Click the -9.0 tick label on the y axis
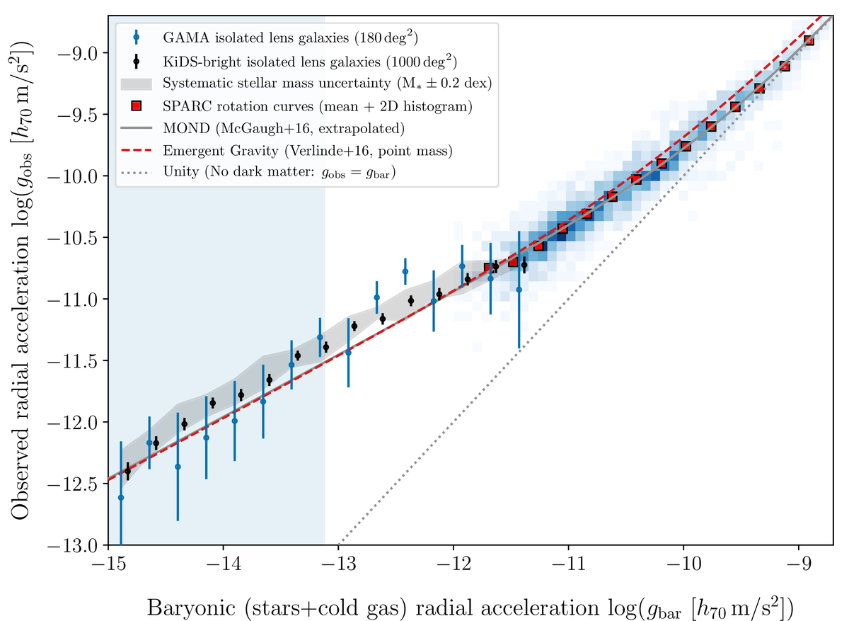[81, 53]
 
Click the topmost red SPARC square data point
[809, 40]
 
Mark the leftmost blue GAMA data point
[121, 498]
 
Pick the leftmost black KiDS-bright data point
[128, 470]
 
